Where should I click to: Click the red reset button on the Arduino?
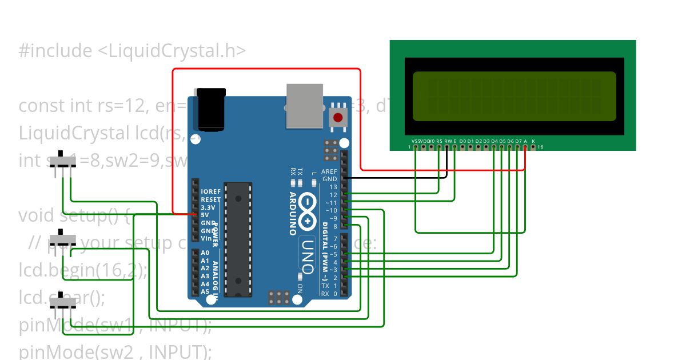click(x=338, y=118)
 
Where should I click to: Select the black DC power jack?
click(x=210, y=109)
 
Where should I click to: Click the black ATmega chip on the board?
click(x=238, y=239)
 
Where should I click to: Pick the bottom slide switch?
click(x=62, y=303)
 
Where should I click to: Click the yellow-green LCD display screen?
click(x=514, y=96)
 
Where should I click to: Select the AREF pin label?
click(x=329, y=171)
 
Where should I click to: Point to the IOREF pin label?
click(x=210, y=191)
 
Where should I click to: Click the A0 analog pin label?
click(x=205, y=252)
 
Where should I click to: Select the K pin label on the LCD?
click(x=533, y=141)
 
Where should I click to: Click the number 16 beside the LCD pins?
click(x=540, y=147)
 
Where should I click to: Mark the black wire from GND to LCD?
click(x=400, y=178)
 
